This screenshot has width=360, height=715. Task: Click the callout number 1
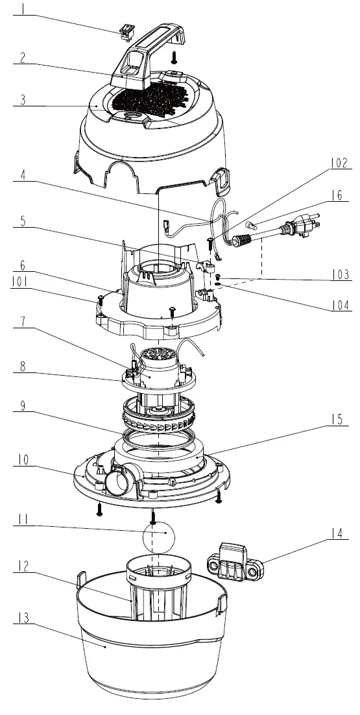tap(24, 10)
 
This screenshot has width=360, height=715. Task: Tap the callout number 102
tap(337, 163)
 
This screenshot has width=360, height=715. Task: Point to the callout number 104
tap(337, 306)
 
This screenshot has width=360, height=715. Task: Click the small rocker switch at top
tap(125, 30)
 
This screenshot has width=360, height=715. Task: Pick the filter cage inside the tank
tap(159, 587)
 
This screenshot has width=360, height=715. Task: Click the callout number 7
tap(23, 322)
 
